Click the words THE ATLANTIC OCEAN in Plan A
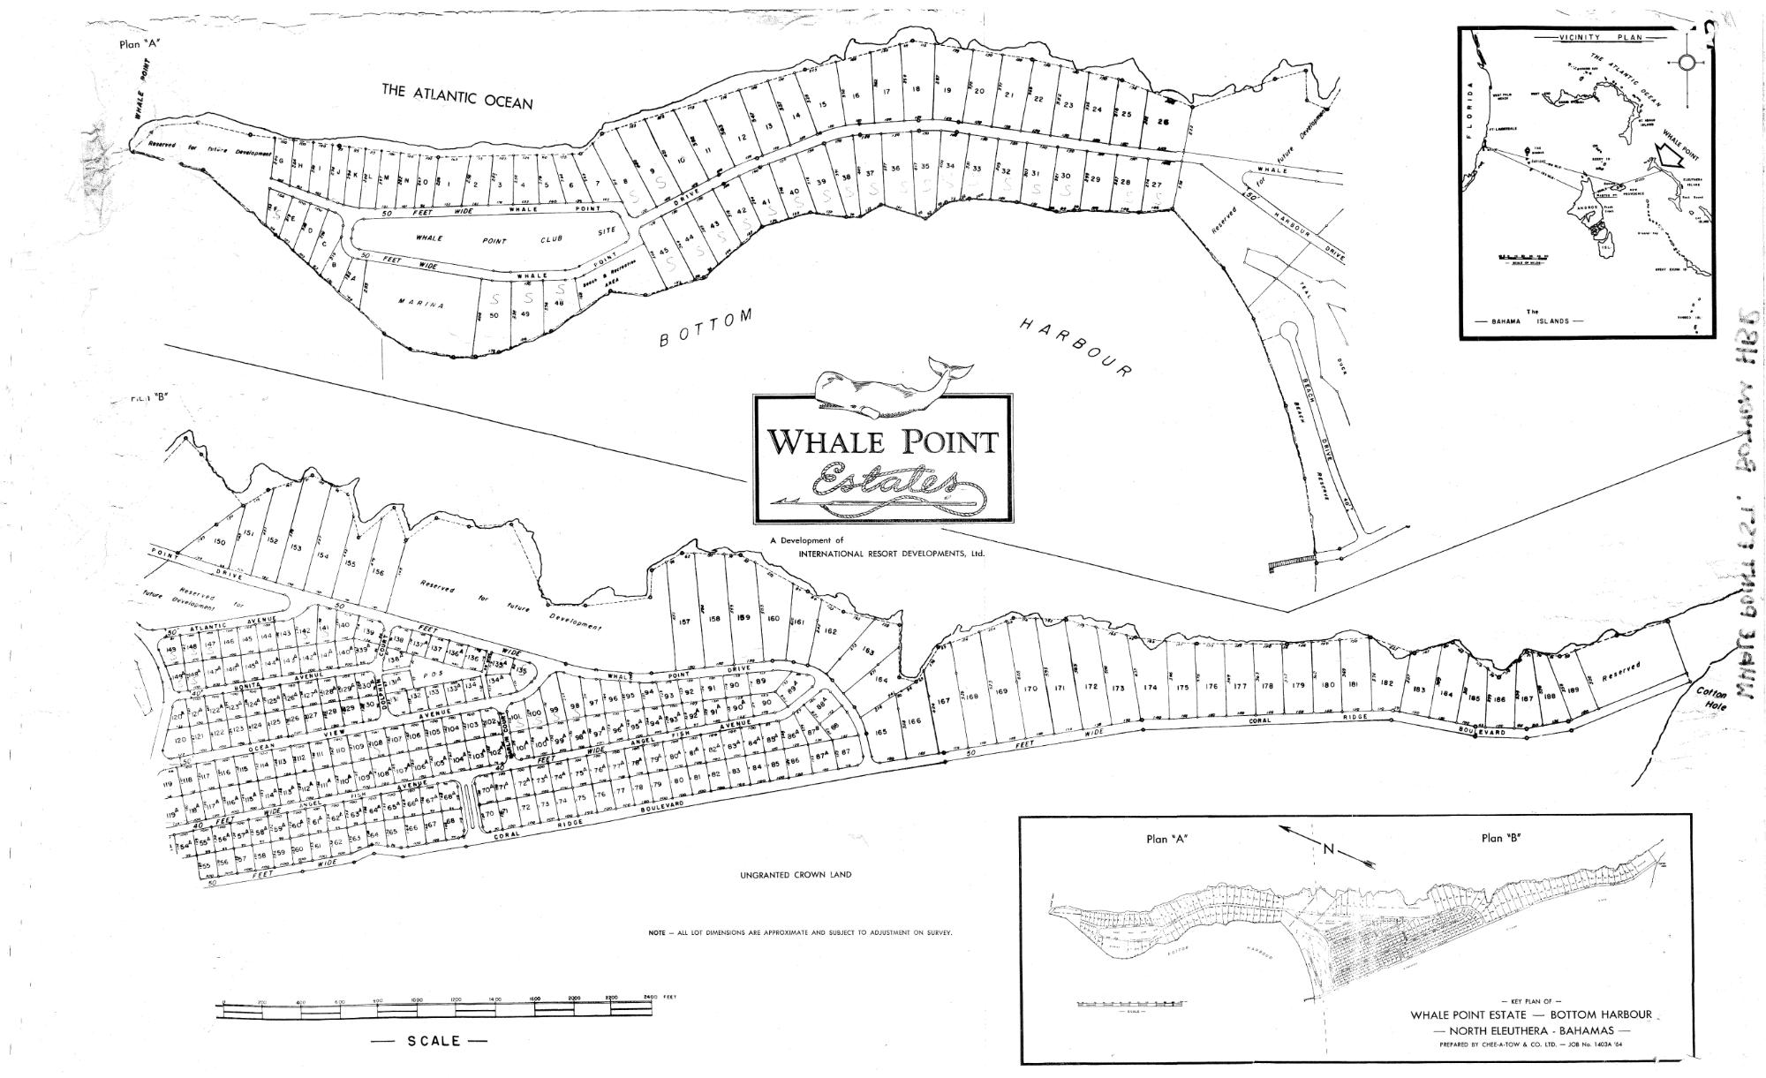click(x=457, y=95)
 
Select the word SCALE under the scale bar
click(x=434, y=1041)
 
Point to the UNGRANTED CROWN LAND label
click(x=796, y=875)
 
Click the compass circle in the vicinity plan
click(x=1686, y=62)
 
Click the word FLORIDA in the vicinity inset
click(x=1471, y=106)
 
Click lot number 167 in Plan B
click(x=943, y=701)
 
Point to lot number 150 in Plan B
click(x=221, y=541)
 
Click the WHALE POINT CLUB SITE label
click(x=494, y=240)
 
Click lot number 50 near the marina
click(x=494, y=315)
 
